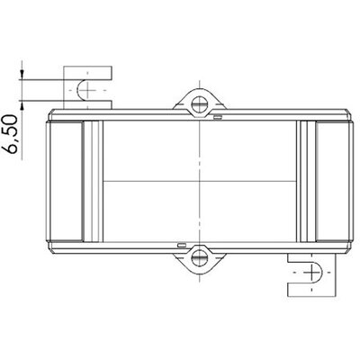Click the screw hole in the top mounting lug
199,104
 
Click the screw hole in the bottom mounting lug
199,257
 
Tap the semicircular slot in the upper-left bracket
82,90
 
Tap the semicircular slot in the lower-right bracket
318,272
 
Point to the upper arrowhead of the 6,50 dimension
22,75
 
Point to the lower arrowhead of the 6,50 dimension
22,105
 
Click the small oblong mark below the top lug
218,117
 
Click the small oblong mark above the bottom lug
182,245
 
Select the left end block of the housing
64,181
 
